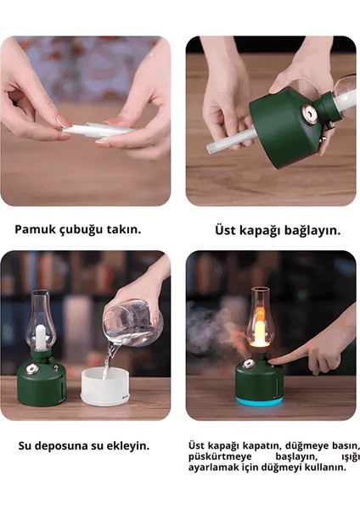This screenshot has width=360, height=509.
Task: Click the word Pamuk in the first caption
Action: click(35, 229)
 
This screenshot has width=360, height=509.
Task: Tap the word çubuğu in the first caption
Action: click(80, 230)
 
